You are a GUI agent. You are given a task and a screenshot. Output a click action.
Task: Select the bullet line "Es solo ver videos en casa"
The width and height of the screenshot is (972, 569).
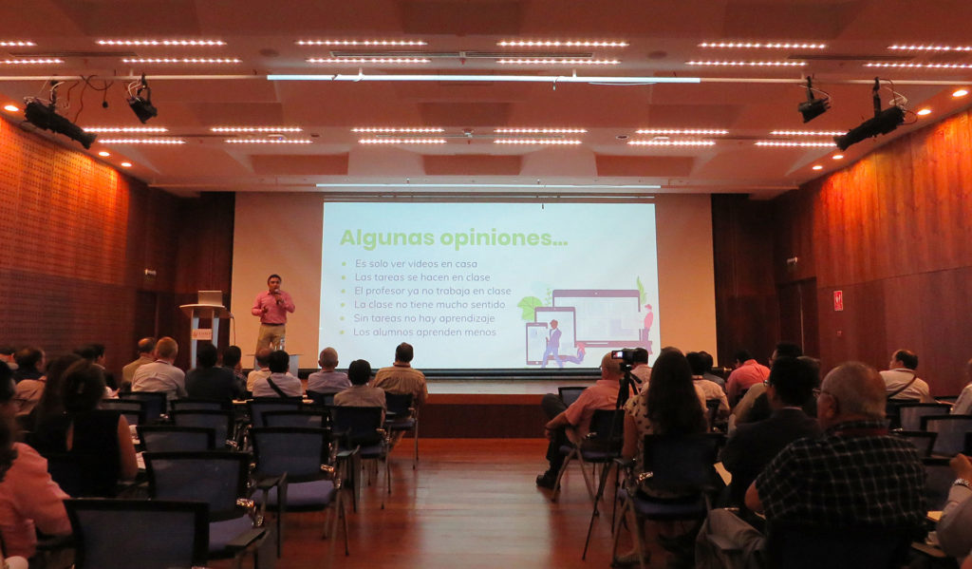[416, 264]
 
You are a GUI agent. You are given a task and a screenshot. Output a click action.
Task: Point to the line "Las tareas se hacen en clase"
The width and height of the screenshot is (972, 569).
[422, 277]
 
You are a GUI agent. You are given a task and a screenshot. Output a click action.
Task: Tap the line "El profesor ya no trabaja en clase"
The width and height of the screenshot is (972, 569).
[433, 291]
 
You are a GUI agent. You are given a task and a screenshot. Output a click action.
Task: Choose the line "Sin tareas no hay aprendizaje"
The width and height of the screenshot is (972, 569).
[424, 318]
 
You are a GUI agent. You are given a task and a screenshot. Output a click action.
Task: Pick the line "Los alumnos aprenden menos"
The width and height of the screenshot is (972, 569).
[424, 332]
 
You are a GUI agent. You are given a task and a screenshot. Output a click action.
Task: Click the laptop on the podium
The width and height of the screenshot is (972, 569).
[210, 298]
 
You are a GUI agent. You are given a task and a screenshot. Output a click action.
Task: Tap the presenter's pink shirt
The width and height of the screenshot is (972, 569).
[271, 308]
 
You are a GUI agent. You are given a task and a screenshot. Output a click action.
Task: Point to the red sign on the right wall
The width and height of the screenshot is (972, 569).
[837, 300]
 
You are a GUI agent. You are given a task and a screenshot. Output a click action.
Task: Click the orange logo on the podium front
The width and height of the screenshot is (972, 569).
[201, 333]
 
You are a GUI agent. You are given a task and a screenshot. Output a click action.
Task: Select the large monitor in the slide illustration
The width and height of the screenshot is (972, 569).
[597, 316]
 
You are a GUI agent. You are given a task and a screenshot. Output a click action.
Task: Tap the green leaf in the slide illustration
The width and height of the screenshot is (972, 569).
[530, 308]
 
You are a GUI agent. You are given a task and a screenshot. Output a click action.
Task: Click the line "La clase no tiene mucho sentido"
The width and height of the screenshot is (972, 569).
[430, 305]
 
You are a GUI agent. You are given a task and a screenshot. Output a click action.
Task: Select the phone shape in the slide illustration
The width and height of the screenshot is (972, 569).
[535, 343]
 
